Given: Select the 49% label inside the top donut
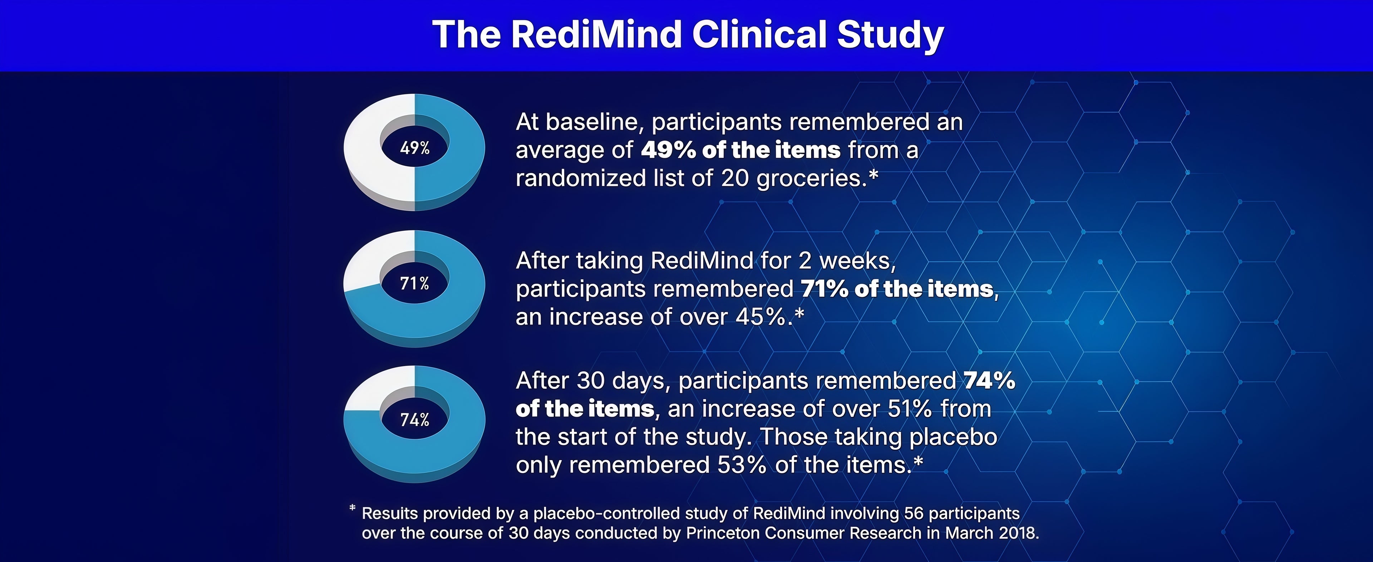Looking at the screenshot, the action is coord(415,148).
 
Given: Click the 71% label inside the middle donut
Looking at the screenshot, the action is coord(415,283).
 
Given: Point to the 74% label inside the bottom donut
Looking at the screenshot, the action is coord(415,420).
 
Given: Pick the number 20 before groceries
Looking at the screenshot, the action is coord(735,178).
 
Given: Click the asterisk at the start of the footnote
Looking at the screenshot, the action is coord(352,508).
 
